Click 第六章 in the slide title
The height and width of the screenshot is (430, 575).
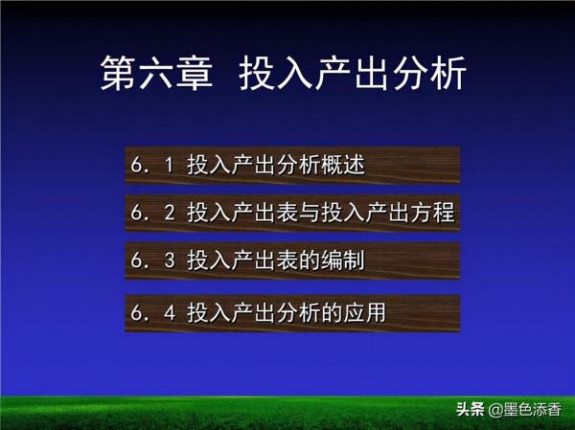pos(155,74)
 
